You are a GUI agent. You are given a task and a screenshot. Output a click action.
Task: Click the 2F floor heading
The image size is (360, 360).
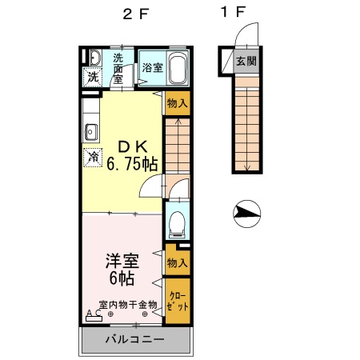tap(133, 14)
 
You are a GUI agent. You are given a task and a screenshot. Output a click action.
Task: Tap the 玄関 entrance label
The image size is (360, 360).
tap(246, 61)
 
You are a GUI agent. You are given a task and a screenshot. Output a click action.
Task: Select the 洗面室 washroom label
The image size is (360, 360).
tap(118, 68)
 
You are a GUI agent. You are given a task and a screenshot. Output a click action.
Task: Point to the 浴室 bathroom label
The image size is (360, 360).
tap(152, 68)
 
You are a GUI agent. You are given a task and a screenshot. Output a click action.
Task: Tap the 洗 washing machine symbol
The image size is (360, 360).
tap(93, 78)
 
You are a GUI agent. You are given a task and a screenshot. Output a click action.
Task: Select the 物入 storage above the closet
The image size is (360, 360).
tap(178, 262)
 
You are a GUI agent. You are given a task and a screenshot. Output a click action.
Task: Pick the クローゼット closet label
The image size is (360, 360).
tap(178, 301)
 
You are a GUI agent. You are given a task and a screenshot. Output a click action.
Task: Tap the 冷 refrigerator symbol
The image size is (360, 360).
tap(94, 157)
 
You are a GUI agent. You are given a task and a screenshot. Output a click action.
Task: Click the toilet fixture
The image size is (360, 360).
tap(178, 222)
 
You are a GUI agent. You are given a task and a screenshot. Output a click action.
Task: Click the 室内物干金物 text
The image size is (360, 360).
tap(128, 305)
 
